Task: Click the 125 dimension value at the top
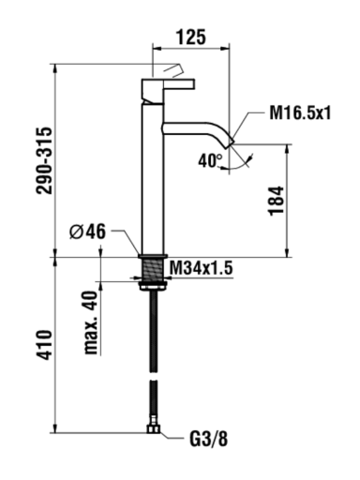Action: tap(191, 37)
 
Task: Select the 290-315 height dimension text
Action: tap(44, 160)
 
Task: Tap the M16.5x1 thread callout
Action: tap(300, 112)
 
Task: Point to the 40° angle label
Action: tap(210, 161)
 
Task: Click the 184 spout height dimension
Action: tap(277, 201)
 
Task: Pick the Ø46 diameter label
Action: tap(87, 232)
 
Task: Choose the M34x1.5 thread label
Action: tap(202, 268)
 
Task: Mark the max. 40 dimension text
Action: tap(91, 322)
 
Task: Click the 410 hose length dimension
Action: tap(44, 344)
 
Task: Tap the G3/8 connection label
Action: tap(209, 440)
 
